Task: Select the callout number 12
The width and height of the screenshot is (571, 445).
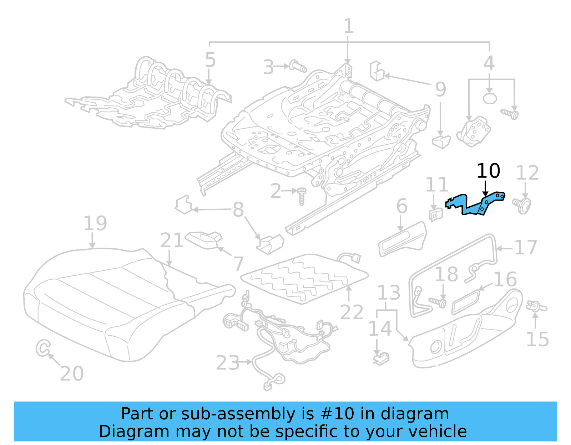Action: pyautogui.click(x=527, y=173)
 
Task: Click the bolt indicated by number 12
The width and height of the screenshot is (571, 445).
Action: pyautogui.click(x=522, y=205)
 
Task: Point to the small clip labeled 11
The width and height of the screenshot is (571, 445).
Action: pyautogui.click(x=435, y=214)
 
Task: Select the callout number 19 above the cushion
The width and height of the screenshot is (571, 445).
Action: pyautogui.click(x=95, y=223)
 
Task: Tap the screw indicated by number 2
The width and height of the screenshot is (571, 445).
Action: pyautogui.click(x=302, y=196)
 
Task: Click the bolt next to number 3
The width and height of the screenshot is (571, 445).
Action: pyautogui.click(x=298, y=66)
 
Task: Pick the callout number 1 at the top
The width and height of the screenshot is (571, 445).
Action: pyautogui.click(x=348, y=27)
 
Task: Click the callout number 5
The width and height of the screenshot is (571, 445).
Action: pyautogui.click(x=210, y=60)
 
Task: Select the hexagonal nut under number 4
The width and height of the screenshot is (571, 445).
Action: pyautogui.click(x=490, y=98)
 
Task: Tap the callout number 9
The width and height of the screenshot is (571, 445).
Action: pyautogui.click(x=440, y=89)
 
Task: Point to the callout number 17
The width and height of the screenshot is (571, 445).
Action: pyautogui.click(x=525, y=248)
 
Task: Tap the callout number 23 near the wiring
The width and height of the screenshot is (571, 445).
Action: pyautogui.click(x=227, y=363)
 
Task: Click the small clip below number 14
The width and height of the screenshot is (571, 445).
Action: pyautogui.click(x=381, y=358)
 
